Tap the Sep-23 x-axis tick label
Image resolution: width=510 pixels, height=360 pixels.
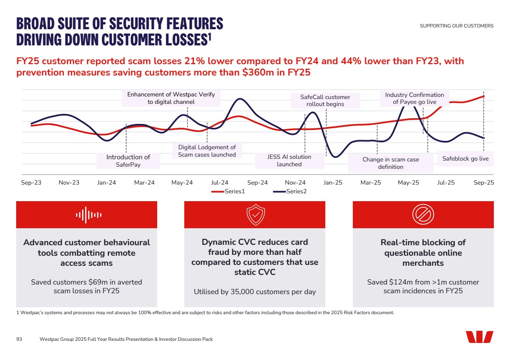point(31,182)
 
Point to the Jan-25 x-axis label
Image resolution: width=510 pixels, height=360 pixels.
point(333,182)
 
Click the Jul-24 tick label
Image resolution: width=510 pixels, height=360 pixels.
point(220,182)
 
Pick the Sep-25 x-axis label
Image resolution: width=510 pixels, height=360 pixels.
point(484,182)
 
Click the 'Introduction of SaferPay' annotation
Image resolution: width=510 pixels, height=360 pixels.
point(128,161)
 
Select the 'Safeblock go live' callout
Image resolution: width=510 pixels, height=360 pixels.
point(465,159)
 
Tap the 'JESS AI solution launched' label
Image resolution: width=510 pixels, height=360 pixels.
point(289,161)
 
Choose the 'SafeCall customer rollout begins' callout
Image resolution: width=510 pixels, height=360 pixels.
point(325,100)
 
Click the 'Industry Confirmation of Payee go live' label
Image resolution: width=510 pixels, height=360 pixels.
point(414,98)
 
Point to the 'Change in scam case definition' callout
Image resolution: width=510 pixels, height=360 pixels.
point(390,163)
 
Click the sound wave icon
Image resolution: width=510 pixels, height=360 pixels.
point(89,215)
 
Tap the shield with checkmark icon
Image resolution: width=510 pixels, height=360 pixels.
point(256,215)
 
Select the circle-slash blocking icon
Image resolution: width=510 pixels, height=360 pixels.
point(423,215)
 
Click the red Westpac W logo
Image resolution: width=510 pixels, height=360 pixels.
point(479,337)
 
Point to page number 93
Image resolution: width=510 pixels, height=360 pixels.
point(19,339)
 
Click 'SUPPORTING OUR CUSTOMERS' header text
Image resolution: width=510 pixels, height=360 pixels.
point(456,26)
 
